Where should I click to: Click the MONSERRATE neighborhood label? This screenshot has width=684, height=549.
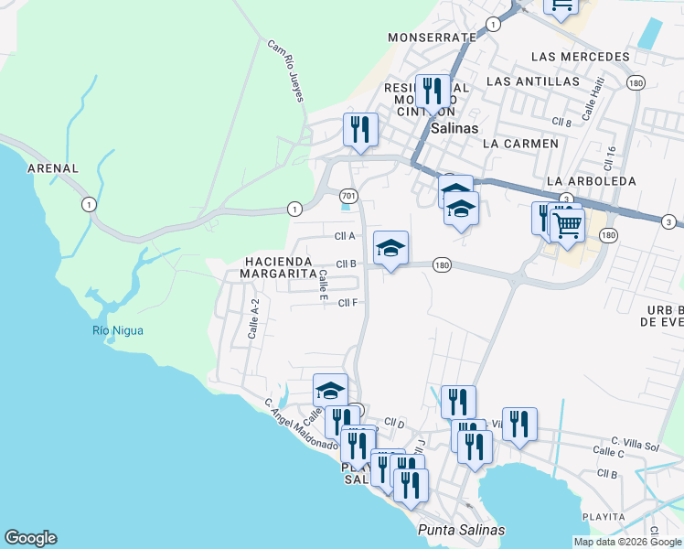click(x=432, y=38)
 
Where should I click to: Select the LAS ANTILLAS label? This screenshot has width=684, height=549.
click(x=533, y=81)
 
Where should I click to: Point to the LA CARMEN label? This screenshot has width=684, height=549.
click(x=519, y=144)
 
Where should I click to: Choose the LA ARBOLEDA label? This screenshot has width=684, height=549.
click(x=590, y=181)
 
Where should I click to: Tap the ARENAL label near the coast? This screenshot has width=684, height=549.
click(x=53, y=169)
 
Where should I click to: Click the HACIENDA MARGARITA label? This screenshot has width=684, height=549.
click(x=280, y=267)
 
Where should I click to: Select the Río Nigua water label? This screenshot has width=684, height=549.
click(x=117, y=330)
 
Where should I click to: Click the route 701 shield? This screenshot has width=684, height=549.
click(x=347, y=196)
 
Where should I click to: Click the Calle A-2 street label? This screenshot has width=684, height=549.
click(x=254, y=319)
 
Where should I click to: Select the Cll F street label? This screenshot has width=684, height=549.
click(x=347, y=303)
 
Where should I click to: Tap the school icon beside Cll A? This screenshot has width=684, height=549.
click(x=390, y=248)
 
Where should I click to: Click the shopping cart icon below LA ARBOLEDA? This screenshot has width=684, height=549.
click(x=568, y=224)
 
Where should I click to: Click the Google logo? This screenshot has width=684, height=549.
click(x=30, y=538)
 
